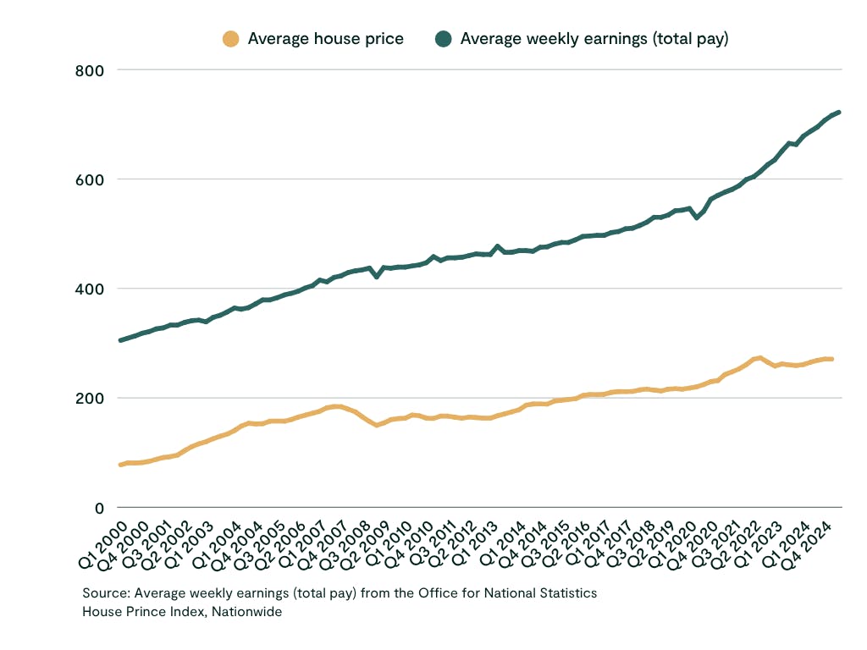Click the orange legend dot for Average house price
(x=230, y=39)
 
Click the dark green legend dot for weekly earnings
(x=443, y=39)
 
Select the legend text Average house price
(x=325, y=39)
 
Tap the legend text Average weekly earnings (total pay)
(x=594, y=39)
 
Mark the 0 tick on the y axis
(x=99, y=508)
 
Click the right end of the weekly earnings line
(x=838, y=112)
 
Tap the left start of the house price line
(x=120, y=465)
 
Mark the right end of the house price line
(x=831, y=359)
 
